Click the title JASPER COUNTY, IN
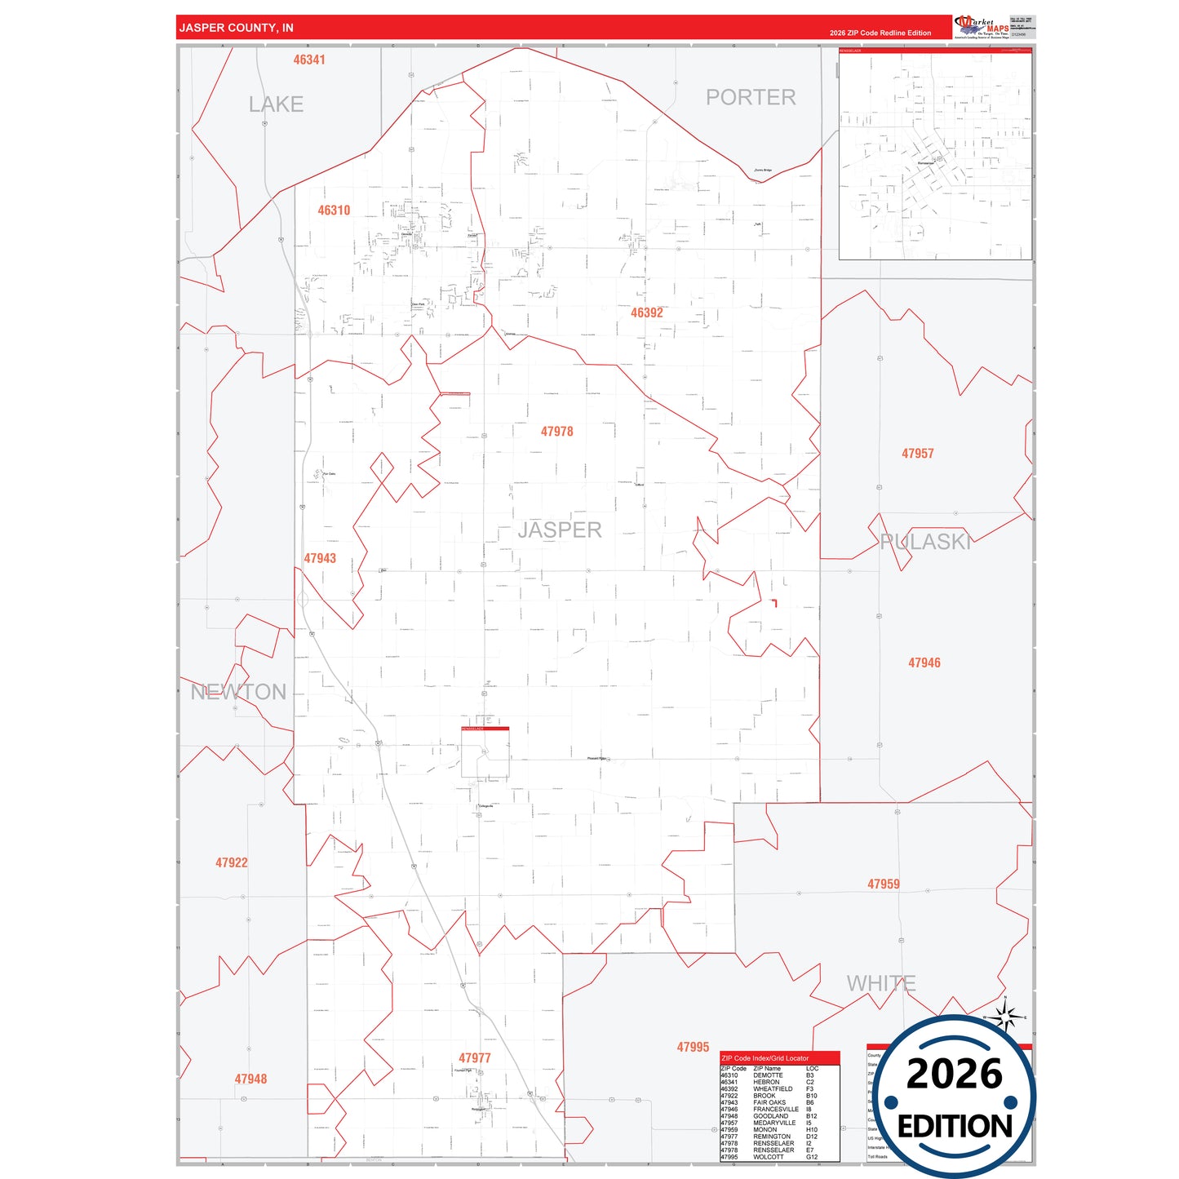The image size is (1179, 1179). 236,28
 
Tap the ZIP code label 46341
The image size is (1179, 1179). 309,60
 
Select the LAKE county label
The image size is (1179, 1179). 276,104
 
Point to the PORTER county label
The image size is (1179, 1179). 750,97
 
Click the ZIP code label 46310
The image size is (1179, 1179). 334,211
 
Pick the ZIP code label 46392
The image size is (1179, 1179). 646,312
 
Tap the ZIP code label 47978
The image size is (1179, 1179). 556,432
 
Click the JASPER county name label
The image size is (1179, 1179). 559,530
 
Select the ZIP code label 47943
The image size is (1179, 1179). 320,559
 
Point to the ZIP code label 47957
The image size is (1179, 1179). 917,454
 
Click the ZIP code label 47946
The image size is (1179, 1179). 924,663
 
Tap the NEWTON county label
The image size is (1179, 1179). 238,692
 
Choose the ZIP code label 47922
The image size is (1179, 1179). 232,863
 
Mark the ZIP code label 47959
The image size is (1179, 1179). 884,884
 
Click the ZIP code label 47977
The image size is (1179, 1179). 475,1058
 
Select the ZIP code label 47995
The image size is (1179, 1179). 693,1048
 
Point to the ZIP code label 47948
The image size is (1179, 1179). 250,1079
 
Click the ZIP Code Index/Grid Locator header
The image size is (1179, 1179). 765,1058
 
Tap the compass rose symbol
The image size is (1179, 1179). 1006,1017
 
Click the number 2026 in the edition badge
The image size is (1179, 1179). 954,1074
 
